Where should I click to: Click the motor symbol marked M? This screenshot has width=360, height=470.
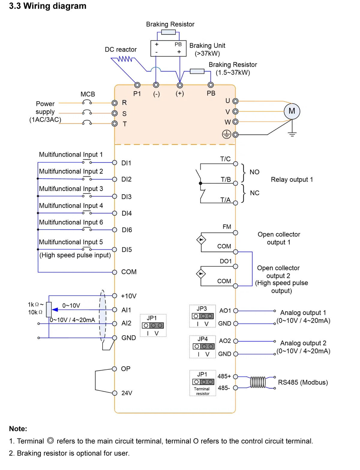point(292,111)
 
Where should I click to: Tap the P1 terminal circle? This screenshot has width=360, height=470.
point(137,85)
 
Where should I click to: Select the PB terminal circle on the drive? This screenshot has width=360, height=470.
point(211,85)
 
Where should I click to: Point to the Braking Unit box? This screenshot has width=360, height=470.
point(168,48)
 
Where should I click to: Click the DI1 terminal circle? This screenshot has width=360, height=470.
point(115,163)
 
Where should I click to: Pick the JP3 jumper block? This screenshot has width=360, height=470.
point(203,316)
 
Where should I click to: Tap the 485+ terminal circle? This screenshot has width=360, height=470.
point(235,377)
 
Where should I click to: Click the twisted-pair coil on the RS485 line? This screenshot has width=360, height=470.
point(258,382)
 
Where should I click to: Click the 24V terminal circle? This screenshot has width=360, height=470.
point(115,393)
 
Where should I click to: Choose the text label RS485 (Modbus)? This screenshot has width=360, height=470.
point(303,382)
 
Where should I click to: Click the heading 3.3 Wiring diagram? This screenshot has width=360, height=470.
point(48,6)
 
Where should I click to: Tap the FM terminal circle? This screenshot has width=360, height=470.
point(235,233)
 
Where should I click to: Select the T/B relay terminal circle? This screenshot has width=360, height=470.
point(235,183)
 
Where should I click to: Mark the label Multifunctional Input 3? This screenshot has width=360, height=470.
point(71,189)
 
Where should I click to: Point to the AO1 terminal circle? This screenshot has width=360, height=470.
point(235,311)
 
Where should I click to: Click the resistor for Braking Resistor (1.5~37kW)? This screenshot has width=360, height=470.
point(197,71)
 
